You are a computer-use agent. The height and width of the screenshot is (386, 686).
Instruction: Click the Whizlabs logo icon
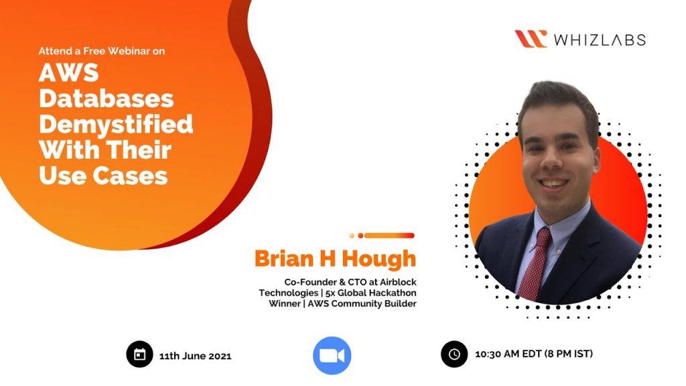[531, 39]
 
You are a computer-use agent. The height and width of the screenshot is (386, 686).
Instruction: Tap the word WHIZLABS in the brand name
[600, 40]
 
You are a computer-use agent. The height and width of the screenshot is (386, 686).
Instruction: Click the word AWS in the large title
[69, 72]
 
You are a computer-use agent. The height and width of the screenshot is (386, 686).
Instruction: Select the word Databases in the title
[107, 99]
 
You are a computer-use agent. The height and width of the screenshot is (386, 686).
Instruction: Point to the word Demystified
[116, 125]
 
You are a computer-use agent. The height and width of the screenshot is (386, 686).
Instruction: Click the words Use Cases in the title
[103, 176]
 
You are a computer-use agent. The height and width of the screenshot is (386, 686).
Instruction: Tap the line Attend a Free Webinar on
[102, 51]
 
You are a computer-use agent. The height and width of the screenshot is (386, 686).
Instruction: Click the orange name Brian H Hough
[335, 259]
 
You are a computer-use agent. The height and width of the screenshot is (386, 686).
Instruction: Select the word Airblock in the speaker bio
[398, 282]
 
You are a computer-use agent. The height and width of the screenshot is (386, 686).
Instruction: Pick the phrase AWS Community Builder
[362, 304]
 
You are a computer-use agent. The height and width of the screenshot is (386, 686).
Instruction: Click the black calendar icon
[139, 354]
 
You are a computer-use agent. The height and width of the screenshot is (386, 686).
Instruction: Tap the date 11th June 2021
[195, 357]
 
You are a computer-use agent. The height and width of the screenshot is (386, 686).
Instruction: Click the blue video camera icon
[332, 355]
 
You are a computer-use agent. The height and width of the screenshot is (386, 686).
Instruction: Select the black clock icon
[454, 354]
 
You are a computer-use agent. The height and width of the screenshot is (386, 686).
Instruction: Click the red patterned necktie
[535, 265]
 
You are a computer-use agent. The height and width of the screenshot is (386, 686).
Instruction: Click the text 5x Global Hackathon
[371, 293]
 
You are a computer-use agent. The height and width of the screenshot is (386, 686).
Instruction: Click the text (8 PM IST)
[569, 354]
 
